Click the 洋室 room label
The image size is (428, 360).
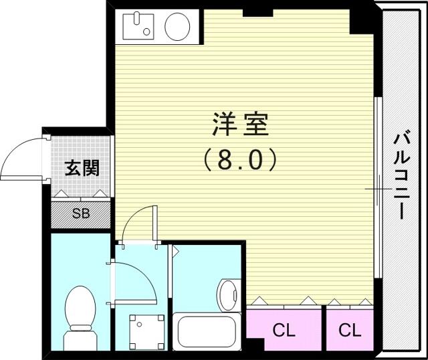(241, 124)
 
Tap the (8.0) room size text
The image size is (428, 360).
(241, 159)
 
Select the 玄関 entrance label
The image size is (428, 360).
(82, 167)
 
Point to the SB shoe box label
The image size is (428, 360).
(81, 213)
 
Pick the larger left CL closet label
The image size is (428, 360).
(284, 331)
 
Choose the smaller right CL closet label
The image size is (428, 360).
(350, 331)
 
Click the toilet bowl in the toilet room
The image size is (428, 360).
(80, 306)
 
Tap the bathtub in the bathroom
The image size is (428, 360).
(207, 331)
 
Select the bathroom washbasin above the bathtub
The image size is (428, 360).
(229, 295)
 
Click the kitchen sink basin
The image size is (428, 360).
(138, 27)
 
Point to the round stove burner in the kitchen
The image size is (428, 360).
(177, 27)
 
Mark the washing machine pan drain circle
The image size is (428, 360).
(140, 325)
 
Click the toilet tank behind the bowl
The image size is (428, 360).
(80, 338)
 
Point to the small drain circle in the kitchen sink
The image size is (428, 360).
(146, 32)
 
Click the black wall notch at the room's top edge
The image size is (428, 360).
(258, 13)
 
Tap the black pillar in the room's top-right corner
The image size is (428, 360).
(362, 22)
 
